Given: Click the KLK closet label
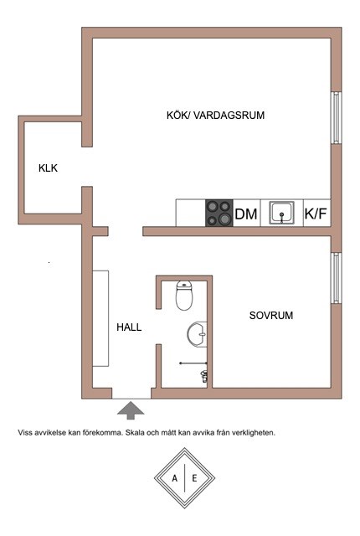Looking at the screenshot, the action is [x=49, y=168].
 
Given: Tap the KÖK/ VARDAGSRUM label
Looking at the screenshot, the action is [x=215, y=116].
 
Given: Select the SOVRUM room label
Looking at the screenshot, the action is [x=271, y=315].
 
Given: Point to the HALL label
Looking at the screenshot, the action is [x=129, y=327].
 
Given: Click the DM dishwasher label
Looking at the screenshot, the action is [x=246, y=214].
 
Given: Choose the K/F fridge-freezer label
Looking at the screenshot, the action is [x=316, y=214].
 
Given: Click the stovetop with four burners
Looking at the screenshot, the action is [x=219, y=213].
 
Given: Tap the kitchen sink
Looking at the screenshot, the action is [x=281, y=213].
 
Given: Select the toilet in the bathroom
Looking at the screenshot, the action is [x=184, y=295].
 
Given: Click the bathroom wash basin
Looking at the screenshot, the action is [x=197, y=334].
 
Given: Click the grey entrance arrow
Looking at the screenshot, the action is [x=131, y=410].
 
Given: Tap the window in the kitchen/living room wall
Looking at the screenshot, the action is [x=337, y=117].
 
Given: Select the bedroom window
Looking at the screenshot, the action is [x=337, y=278].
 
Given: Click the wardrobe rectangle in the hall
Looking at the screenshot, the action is [x=100, y=318].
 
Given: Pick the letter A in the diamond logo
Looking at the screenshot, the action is [x=175, y=478].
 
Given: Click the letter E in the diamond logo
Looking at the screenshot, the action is [x=194, y=478].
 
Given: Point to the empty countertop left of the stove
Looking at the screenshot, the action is [x=191, y=213].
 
